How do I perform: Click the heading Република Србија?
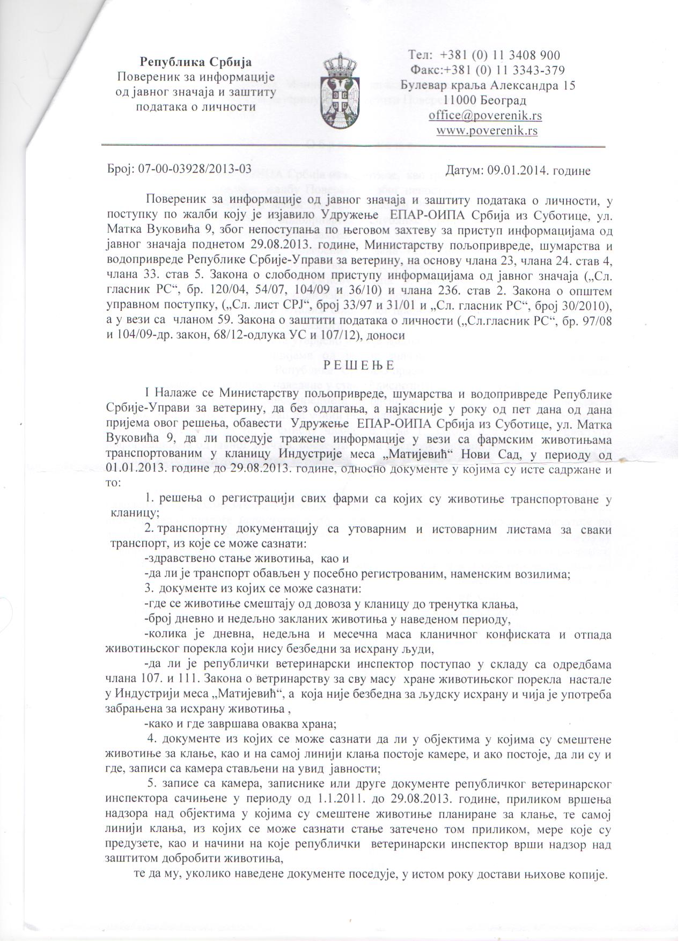(x=196, y=62)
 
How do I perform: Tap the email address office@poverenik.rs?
(x=485, y=115)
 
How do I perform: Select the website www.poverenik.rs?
(x=487, y=130)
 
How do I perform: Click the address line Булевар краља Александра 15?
(x=488, y=85)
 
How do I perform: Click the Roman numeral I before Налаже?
(x=146, y=393)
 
